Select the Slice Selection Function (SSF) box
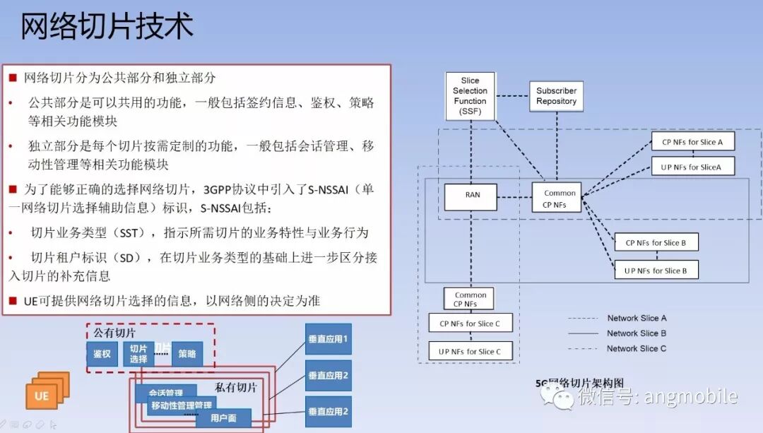470,96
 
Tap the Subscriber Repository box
556,96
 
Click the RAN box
471,196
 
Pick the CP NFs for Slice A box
692,142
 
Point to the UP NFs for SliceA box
692,167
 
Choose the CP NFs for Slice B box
656,243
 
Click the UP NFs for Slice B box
656,270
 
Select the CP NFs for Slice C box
470,324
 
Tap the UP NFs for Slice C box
470,351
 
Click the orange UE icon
44,393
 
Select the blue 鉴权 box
102,354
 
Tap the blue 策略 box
187,354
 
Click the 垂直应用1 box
329,339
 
